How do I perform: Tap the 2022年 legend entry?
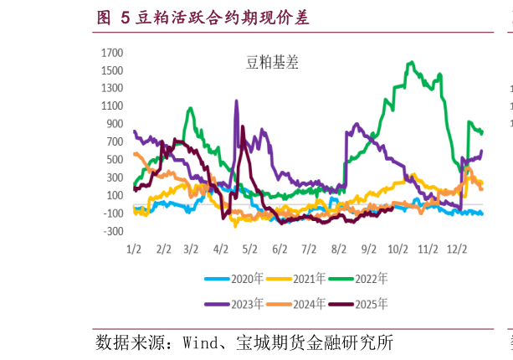pyautogui.click(x=371, y=279)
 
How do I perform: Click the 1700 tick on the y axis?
pyautogui.click(x=111, y=53)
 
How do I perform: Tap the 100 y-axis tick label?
pyautogui.click(x=115, y=195)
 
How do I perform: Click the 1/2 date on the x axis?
pyautogui.click(x=134, y=249)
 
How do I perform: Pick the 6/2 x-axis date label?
pyautogui.click(x=280, y=249)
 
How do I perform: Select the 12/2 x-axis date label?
pyautogui.click(x=457, y=249)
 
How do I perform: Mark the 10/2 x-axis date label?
pyautogui.click(x=398, y=249)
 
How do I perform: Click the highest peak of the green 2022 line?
pyautogui.click(x=410, y=62)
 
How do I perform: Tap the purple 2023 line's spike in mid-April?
pyautogui.click(x=236, y=101)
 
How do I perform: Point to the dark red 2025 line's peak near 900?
pyautogui.click(x=243, y=127)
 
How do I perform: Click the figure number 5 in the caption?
pyautogui.click(x=126, y=17)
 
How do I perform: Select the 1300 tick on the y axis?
pyautogui.click(x=111, y=88)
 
